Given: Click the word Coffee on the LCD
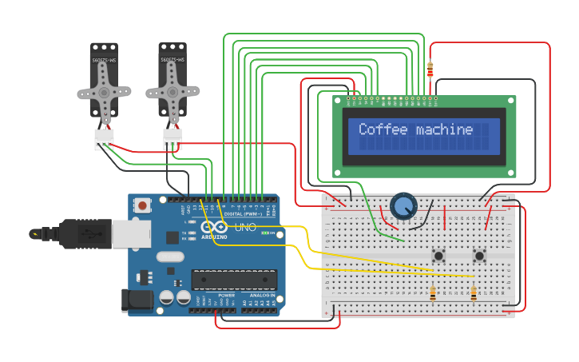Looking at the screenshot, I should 381,129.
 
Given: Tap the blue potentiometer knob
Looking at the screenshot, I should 404,206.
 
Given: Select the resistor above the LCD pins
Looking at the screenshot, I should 431,70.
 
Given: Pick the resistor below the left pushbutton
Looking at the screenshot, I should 433,294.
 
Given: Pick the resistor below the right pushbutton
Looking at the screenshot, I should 474,294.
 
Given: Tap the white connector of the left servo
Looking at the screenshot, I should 105,139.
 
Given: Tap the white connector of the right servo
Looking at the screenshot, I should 173,139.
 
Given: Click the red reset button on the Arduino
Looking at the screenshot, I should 142,205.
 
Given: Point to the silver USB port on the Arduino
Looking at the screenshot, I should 131,233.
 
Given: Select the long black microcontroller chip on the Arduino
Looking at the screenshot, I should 233,280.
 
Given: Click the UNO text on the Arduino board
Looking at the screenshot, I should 244,228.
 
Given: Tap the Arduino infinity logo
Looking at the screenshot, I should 214,228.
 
